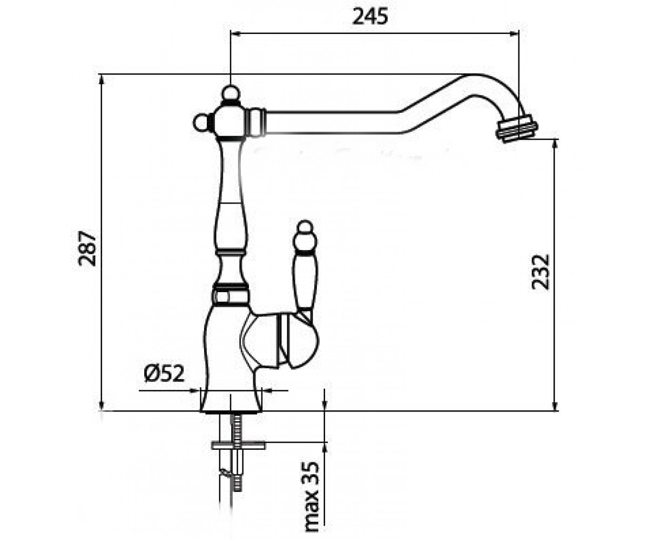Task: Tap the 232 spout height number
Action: tap(541, 272)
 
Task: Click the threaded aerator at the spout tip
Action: tap(517, 128)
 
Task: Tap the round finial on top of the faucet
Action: tap(231, 92)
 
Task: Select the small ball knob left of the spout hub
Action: tap(202, 123)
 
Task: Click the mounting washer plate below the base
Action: tap(238, 446)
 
